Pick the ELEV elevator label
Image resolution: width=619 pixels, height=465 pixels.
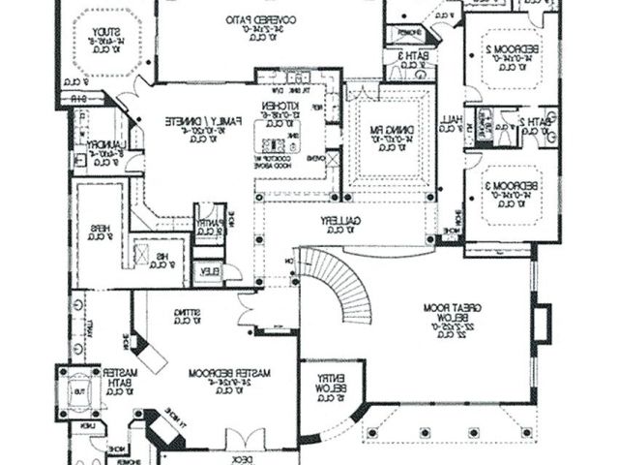pos(206,271)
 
